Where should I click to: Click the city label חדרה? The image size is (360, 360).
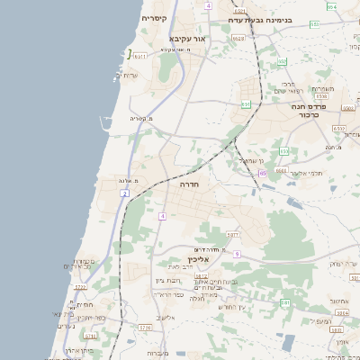click(190, 184)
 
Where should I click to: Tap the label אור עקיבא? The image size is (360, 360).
click(188, 40)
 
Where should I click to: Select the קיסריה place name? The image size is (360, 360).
click(154, 18)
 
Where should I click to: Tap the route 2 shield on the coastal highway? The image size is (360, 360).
click(124, 193)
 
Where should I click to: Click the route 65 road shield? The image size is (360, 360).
click(263, 173)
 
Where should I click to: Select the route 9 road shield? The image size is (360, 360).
click(235, 255)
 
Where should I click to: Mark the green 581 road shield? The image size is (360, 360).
click(284, 303)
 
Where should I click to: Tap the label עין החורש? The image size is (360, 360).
click(231, 307)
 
